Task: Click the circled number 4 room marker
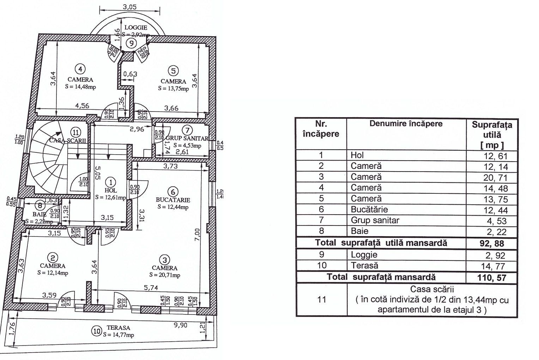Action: [81, 69]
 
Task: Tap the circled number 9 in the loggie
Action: [131, 43]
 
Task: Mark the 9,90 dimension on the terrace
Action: [181, 325]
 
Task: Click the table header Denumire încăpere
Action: [406, 124]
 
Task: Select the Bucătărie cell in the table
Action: [366, 210]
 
